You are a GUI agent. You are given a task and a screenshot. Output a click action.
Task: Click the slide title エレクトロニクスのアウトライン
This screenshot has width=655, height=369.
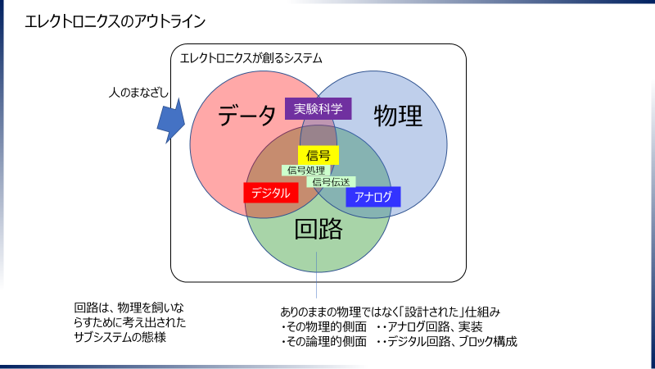click(x=115, y=21)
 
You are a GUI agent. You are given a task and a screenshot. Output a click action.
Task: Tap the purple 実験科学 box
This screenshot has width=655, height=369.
click(x=318, y=109)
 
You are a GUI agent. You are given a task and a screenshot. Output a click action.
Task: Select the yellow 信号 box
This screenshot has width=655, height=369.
click(x=318, y=155)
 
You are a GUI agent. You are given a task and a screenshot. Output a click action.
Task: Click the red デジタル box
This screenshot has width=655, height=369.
click(x=271, y=193)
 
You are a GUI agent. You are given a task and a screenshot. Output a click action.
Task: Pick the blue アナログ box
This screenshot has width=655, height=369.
click(x=373, y=197)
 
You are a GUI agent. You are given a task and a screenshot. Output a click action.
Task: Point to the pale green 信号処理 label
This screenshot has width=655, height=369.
click(x=306, y=171)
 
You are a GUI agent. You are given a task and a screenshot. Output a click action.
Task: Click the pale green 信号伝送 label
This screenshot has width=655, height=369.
click(x=332, y=182)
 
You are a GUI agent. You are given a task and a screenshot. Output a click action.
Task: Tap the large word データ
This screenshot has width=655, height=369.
click(x=247, y=116)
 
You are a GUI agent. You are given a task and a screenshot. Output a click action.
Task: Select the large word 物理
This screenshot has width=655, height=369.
click(x=398, y=116)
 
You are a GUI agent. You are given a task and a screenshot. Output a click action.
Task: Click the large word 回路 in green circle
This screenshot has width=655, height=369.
click(x=318, y=229)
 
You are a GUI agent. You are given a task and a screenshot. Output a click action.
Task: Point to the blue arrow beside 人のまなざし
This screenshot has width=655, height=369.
click(x=171, y=121)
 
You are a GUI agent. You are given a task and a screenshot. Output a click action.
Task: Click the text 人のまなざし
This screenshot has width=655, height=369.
click(x=138, y=93)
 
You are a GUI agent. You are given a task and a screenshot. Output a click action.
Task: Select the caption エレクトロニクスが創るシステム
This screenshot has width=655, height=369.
click(x=251, y=58)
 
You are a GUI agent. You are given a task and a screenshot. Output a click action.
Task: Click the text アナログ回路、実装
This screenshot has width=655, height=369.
click(x=435, y=326)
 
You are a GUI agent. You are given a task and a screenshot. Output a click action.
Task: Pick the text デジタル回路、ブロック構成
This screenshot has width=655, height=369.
click(x=452, y=342)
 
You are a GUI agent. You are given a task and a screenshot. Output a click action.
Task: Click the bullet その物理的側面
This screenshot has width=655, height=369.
click(x=323, y=326)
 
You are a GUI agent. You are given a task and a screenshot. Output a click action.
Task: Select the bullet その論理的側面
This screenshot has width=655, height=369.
click(x=323, y=342)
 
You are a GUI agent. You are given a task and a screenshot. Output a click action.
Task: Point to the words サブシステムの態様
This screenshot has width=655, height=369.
click(x=120, y=337)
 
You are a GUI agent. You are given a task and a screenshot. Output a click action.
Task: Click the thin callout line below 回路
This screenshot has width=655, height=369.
click(x=317, y=275)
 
